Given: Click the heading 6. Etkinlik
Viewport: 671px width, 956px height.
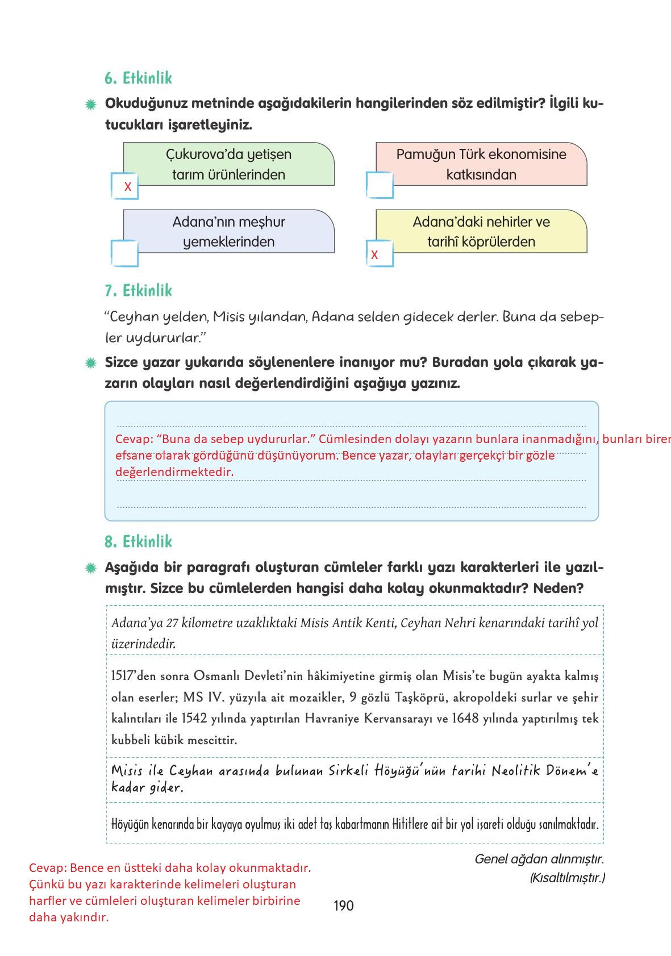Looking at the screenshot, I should tap(138, 78).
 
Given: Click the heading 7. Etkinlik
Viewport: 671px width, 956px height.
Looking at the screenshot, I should tap(138, 291).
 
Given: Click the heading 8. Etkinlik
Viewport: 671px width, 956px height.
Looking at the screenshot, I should tap(138, 542).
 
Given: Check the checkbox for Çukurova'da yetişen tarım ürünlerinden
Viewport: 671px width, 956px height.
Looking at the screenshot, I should tap(125, 186).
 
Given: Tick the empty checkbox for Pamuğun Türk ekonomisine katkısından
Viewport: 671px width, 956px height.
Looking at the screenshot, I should tap(380, 185).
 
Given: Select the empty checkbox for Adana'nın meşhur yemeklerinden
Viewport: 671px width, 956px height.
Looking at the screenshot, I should tap(124, 253).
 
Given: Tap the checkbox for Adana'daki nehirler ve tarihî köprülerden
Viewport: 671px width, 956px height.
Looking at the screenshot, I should tap(380, 253).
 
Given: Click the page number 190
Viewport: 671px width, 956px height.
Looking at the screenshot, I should tap(343, 905).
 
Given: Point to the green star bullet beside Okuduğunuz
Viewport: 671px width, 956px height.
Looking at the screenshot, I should tap(90, 105).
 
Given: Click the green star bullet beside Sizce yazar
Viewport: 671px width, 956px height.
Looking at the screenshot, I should tap(90, 363).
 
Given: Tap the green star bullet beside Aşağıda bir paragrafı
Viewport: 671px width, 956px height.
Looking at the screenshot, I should tap(90, 568).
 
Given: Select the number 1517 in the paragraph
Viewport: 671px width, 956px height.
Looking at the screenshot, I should tap(122, 676).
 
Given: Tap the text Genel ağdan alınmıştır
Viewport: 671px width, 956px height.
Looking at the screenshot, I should tap(539, 859).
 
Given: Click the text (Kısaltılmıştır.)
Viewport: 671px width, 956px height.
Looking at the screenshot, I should tap(567, 878).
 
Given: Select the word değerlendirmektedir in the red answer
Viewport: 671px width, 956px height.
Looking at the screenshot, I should tap(174, 472).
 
